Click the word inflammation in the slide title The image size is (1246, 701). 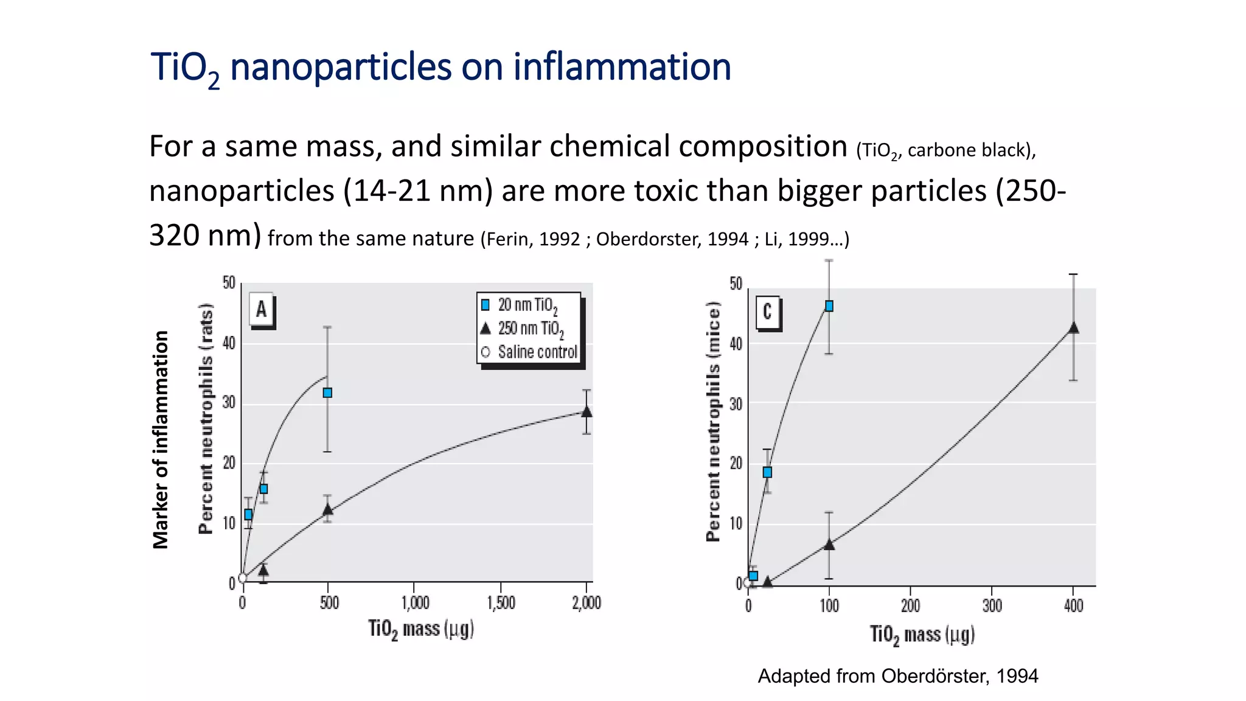click(x=622, y=66)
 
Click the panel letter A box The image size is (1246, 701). click(x=261, y=310)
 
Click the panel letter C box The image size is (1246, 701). click(x=767, y=312)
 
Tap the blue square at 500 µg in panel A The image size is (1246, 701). click(x=327, y=393)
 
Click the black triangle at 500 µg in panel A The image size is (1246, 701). click(x=327, y=510)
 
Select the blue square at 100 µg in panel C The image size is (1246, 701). click(x=829, y=306)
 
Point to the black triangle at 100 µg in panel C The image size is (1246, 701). click(x=829, y=545)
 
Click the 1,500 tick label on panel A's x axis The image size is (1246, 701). click(x=501, y=603)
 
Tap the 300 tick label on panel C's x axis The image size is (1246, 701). click(x=992, y=606)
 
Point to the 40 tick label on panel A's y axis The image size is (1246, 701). click(x=229, y=343)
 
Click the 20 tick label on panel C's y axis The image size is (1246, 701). click(x=736, y=464)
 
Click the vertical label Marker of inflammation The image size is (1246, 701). click(x=161, y=439)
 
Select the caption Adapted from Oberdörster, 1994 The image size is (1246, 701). click(x=897, y=676)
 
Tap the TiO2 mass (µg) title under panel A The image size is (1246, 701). click(x=420, y=629)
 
